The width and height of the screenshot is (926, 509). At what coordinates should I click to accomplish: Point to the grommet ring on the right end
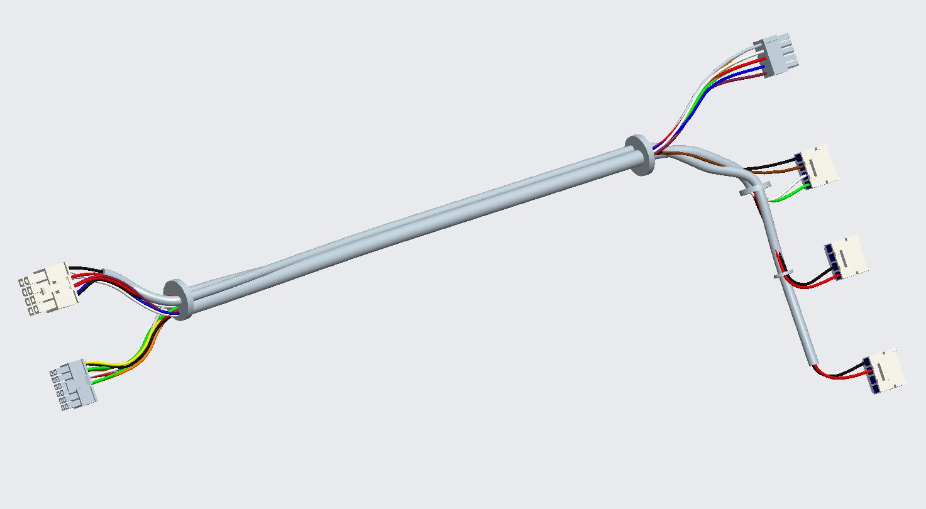coord(640,155)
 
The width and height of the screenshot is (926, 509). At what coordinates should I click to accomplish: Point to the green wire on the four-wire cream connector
coord(786,199)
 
